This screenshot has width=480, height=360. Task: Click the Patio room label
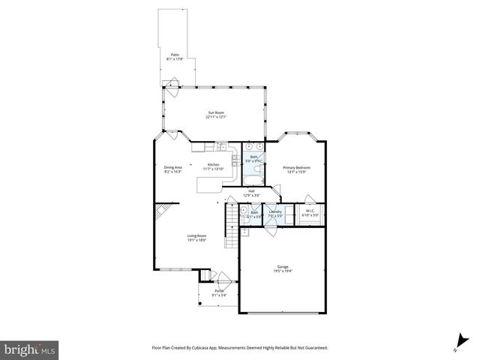[175, 55]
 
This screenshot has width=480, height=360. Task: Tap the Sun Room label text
[217, 112]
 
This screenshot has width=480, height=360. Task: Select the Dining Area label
[173, 167]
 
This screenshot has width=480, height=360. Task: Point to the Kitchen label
[214, 165]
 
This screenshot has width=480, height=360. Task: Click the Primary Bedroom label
[296, 167]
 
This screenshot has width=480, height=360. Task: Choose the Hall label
[250, 191]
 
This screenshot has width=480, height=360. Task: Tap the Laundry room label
[275, 212]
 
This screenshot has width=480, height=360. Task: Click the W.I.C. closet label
[310, 212]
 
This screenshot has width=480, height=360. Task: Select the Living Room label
[197, 236]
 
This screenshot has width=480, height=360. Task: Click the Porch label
[220, 290]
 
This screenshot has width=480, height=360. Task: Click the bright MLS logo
[30, 349]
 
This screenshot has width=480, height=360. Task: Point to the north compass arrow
[455, 342]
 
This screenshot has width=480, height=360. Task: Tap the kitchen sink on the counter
[222, 145]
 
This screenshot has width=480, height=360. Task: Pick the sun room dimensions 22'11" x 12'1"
[217, 117]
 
